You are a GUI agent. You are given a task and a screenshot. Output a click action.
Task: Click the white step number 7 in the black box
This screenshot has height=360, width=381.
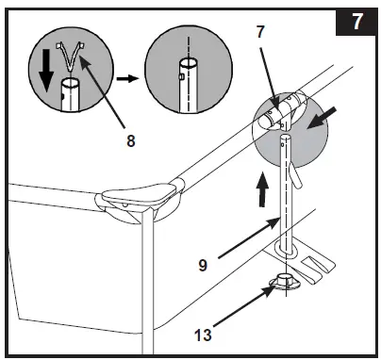coord(356,22)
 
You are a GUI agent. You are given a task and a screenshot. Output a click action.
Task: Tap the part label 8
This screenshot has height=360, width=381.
coord(131,140)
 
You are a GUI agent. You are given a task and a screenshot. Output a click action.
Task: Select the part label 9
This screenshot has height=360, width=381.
coord(203,266)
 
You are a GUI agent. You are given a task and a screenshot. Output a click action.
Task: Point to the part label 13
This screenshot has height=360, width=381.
coord(203,335)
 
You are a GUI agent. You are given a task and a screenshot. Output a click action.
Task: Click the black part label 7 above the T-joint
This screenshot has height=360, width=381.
coord(260,32)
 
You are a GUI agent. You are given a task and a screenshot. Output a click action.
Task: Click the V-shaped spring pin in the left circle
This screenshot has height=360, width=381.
coord(71,55)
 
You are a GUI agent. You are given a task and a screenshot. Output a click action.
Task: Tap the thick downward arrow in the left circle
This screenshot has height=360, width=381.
coord(45,71)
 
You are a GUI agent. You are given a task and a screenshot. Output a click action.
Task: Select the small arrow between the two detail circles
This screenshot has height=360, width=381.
coord(127,78)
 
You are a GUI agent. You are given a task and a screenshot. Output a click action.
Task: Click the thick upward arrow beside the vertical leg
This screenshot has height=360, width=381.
coord(262,190)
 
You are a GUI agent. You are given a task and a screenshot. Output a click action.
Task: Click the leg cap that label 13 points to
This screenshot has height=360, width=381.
coord(285,281)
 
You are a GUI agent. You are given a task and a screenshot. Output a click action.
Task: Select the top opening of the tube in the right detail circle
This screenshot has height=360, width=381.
coord(189,63)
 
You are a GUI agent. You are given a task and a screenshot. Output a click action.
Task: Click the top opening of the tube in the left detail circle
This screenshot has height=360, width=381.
coord(71,84)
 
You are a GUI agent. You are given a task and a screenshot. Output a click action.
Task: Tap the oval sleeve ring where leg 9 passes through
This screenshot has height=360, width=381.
coord(287,250)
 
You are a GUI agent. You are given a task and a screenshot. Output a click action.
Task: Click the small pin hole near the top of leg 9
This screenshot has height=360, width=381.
coord(284,145)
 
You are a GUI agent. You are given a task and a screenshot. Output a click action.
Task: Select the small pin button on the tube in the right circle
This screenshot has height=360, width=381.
coord(180,76)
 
